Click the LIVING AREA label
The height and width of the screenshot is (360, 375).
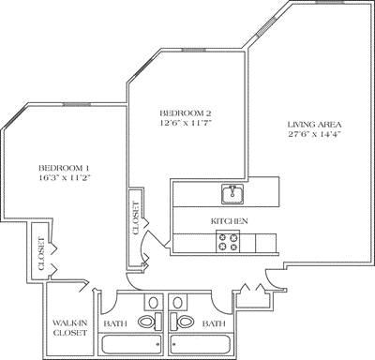click(314, 124)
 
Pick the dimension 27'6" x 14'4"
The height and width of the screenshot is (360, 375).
click(314, 136)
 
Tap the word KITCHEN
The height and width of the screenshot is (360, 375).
click(229, 220)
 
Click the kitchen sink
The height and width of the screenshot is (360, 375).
click(232, 194)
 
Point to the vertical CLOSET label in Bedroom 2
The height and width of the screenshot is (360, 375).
click(136, 217)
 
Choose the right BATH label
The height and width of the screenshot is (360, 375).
click(215, 323)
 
